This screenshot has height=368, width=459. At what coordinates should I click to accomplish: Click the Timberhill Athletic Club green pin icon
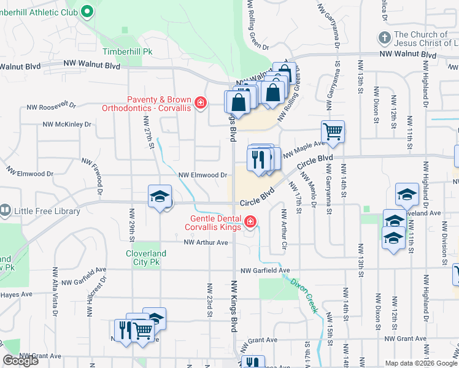(x=87, y=10)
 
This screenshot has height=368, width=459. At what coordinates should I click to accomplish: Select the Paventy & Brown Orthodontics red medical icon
(x=199, y=102)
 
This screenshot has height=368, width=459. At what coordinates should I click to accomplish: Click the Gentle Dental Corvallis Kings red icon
(x=250, y=221)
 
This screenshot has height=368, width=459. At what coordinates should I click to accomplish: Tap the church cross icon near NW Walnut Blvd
(x=384, y=38)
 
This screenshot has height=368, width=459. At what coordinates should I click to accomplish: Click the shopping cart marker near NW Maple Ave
(x=333, y=131)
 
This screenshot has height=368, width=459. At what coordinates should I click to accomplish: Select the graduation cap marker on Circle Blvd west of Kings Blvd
(x=160, y=197)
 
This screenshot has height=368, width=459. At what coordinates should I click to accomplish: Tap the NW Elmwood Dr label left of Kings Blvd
(x=203, y=175)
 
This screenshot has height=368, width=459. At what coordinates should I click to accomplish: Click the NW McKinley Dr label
(x=66, y=124)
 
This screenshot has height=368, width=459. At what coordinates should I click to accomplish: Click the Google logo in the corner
(x=20, y=361)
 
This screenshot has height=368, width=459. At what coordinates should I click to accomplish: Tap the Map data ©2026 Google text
(x=421, y=363)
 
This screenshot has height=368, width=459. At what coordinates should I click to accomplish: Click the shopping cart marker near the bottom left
(x=143, y=329)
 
